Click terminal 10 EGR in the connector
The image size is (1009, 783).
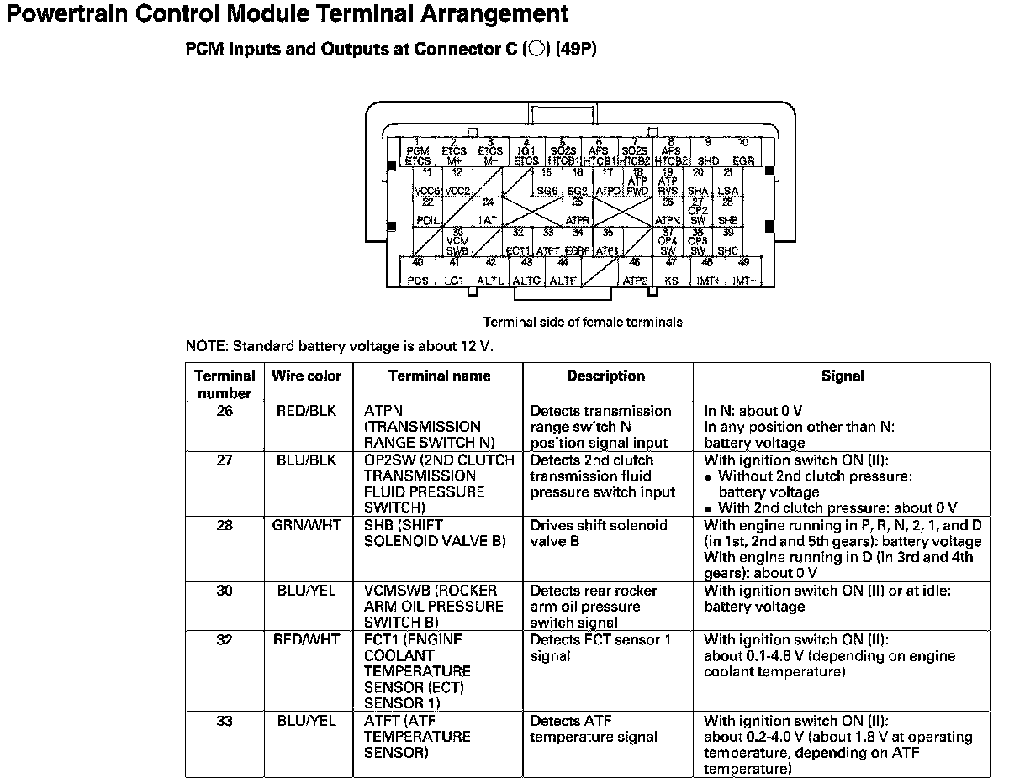point(742,152)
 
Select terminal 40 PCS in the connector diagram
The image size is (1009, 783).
point(418,272)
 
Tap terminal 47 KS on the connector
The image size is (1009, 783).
point(671,272)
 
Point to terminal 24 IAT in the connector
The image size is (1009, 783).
point(487,212)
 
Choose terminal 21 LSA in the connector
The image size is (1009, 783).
point(728,182)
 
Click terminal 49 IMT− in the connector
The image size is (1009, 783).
point(744,272)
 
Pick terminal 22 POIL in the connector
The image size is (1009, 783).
point(427,212)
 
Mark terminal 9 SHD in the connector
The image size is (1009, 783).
point(708,152)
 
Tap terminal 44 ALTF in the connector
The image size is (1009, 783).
point(563,272)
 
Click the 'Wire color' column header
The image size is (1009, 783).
point(306,376)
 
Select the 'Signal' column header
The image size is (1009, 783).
point(842,376)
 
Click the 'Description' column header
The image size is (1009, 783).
point(605,376)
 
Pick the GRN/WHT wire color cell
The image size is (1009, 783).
point(306,525)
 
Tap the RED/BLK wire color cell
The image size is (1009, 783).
point(306,411)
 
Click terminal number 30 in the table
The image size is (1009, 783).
point(225,591)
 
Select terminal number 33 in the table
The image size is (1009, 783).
point(225,721)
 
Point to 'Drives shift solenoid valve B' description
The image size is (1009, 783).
point(599,533)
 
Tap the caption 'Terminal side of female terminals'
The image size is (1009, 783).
point(583,322)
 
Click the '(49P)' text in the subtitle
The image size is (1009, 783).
point(576,49)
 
